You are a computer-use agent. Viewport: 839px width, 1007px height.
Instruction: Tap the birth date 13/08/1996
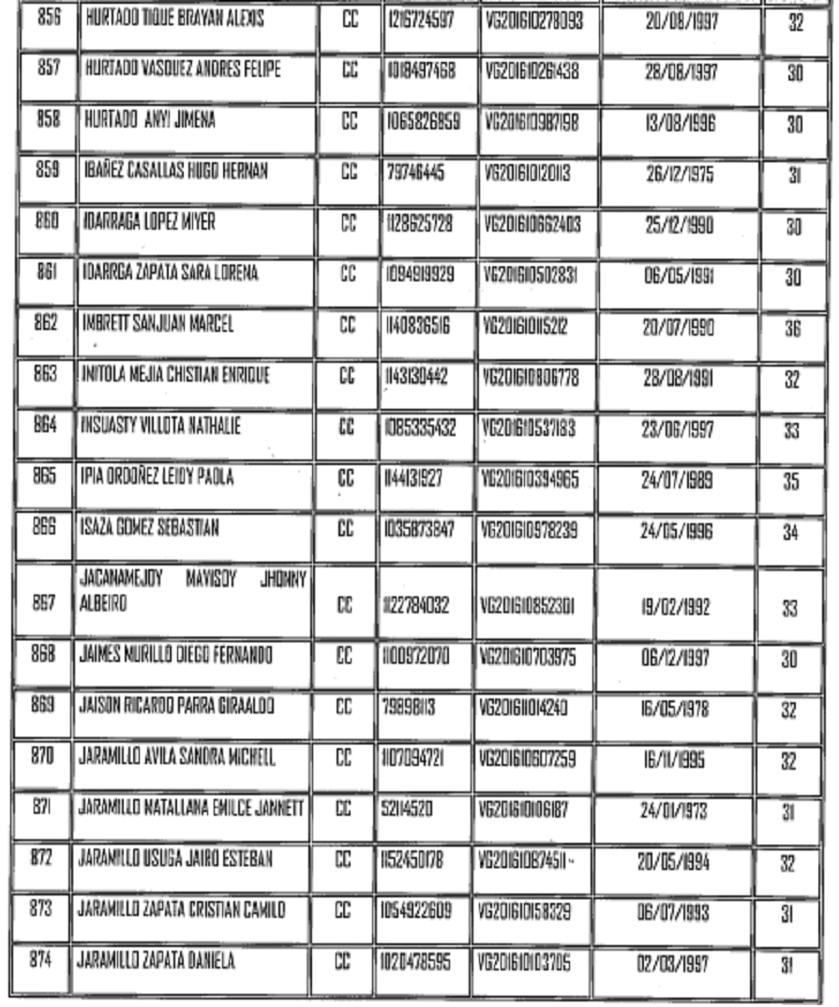(681, 124)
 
